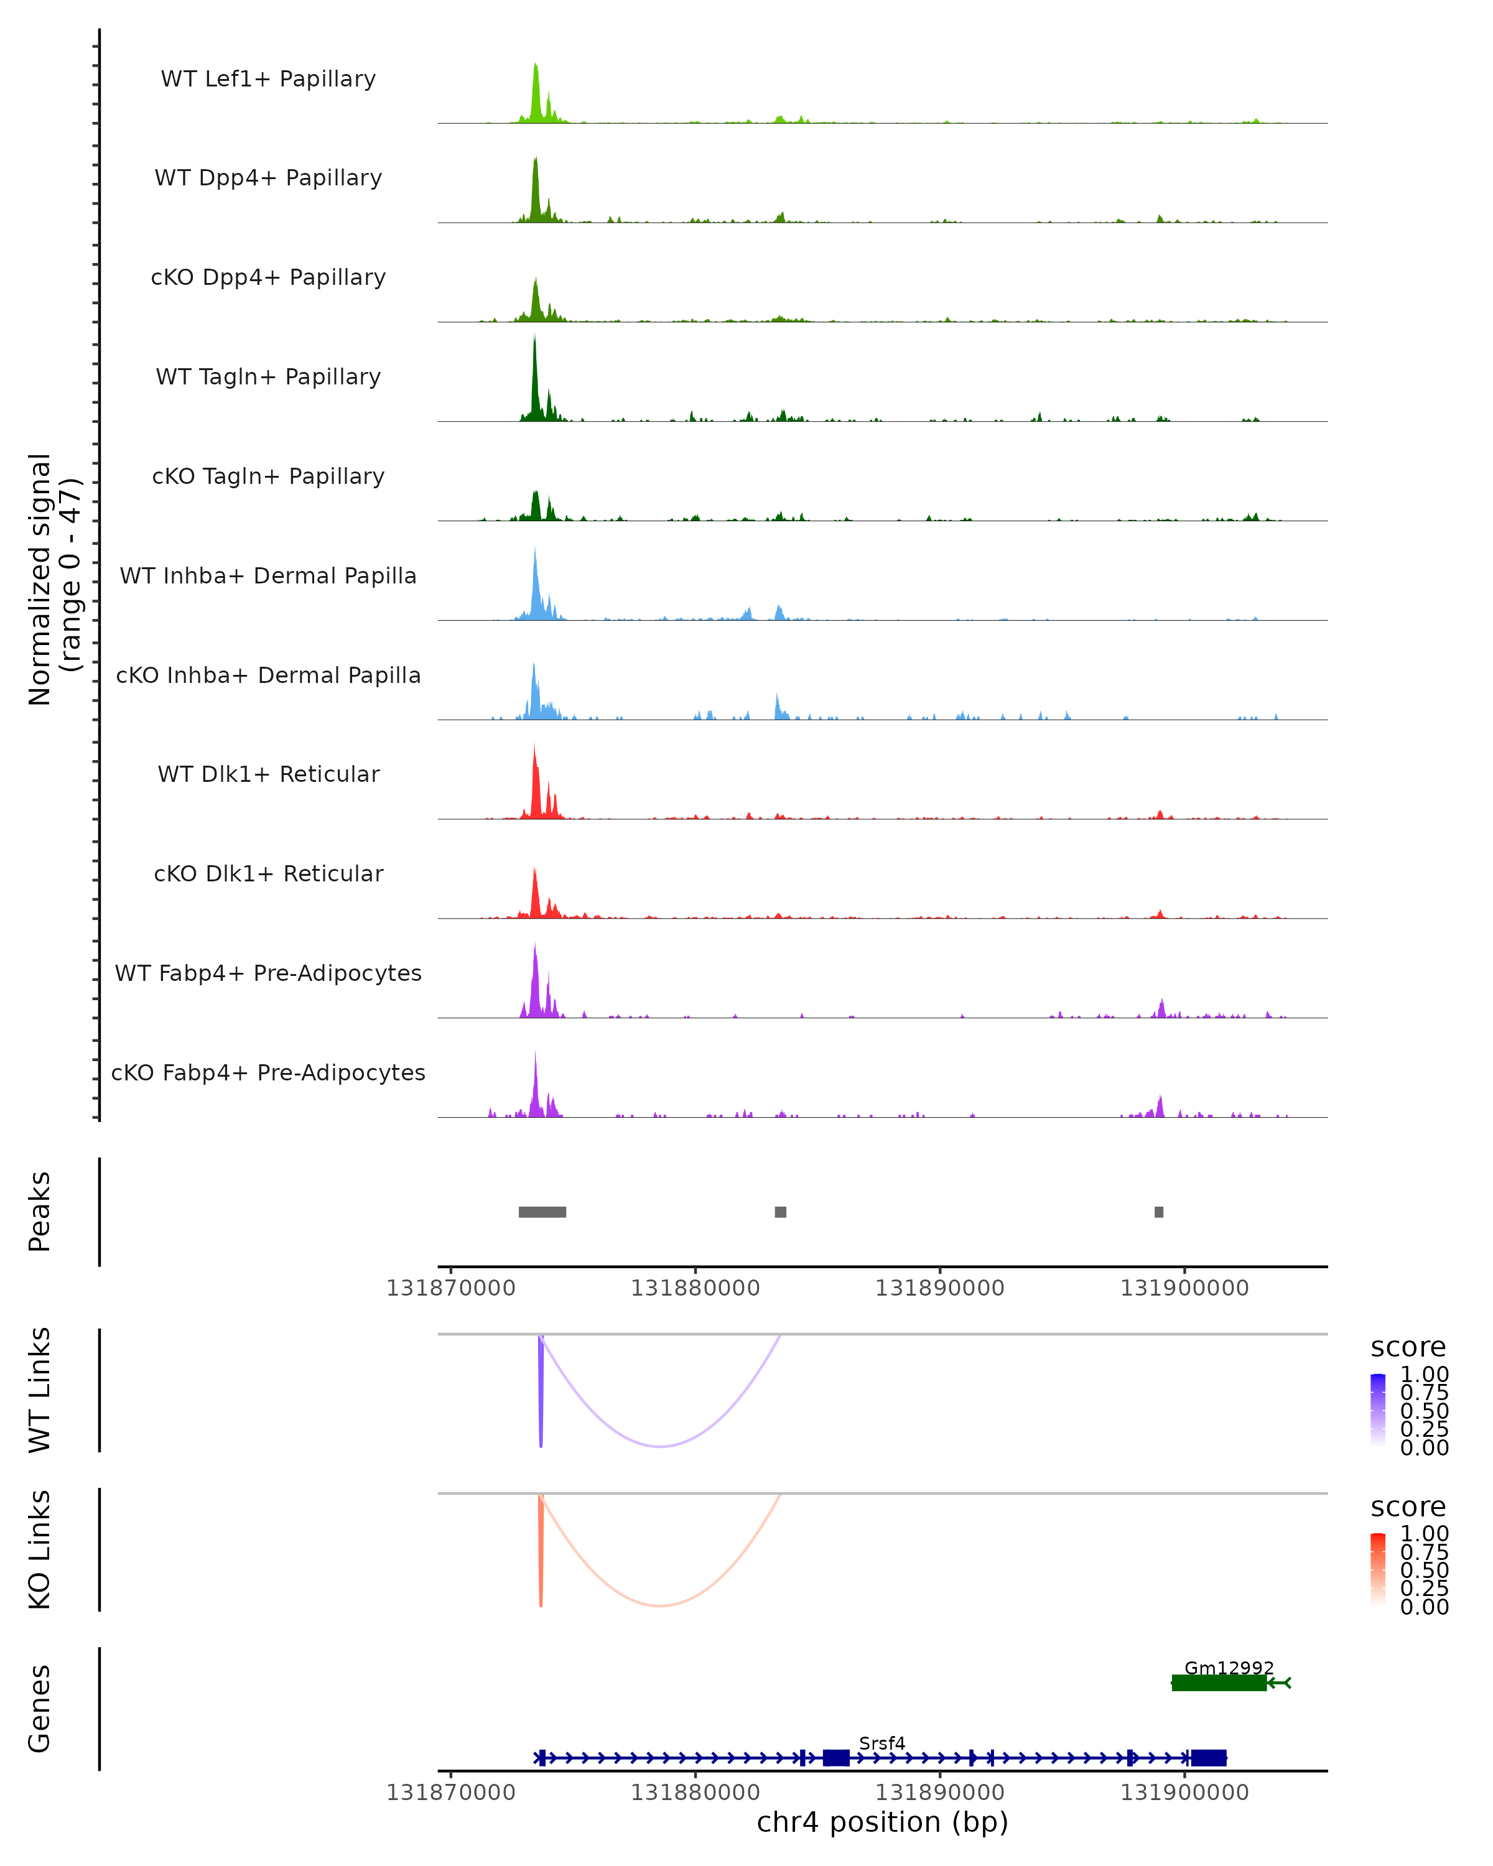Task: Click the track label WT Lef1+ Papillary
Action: [x=268, y=79]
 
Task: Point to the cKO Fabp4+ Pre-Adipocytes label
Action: [x=268, y=1072]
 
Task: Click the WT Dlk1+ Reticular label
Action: [x=268, y=774]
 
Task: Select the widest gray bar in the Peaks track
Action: [x=542, y=1212]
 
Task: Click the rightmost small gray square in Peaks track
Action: [x=1159, y=1212]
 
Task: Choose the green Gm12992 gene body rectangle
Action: [x=1219, y=1683]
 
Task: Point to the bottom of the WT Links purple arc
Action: [x=661, y=1446]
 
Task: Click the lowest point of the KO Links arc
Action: [x=661, y=1605]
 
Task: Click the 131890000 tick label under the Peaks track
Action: [x=940, y=1288]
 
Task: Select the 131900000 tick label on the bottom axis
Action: [x=1185, y=1793]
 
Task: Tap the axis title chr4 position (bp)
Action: [x=882, y=1822]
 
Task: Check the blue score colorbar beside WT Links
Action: [x=1378, y=1409]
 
